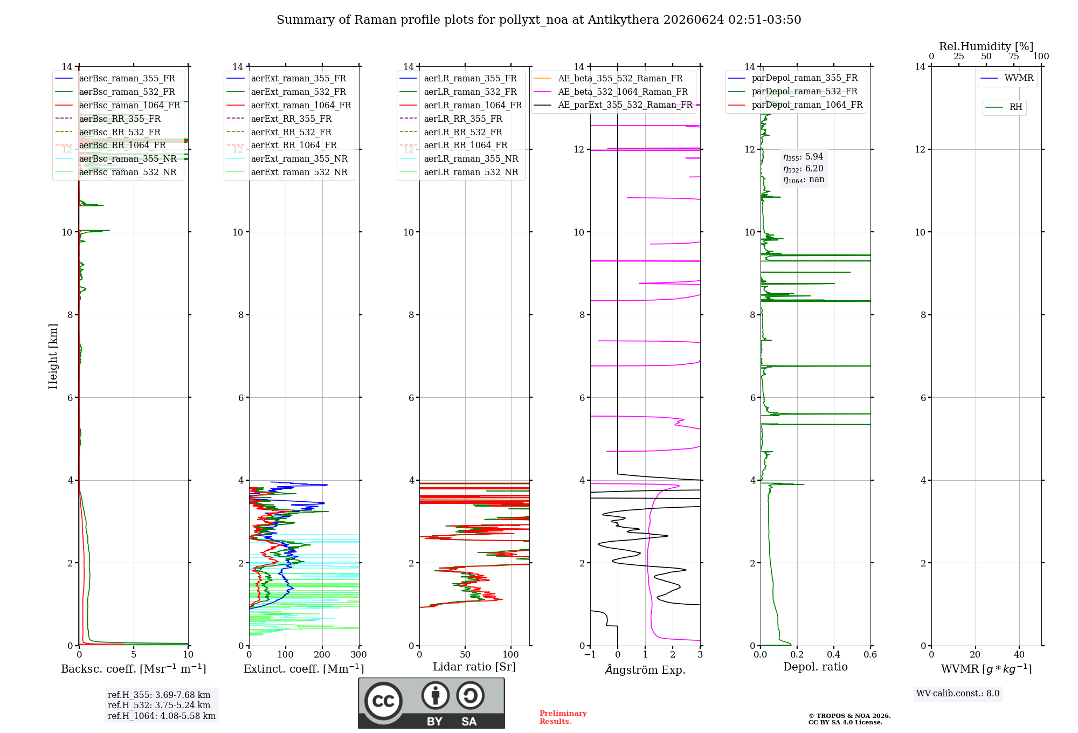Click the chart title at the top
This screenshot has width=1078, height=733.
click(x=538, y=20)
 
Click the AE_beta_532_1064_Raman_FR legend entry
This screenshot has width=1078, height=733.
click(x=611, y=92)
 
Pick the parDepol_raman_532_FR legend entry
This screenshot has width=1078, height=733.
click(x=793, y=92)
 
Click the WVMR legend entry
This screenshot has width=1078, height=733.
click(x=1007, y=78)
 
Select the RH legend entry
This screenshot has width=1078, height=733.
click(x=1004, y=107)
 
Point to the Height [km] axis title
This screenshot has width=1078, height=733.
click(x=53, y=356)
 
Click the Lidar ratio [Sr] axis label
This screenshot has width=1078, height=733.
click(x=474, y=667)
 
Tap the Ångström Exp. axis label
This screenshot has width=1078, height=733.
click(x=645, y=669)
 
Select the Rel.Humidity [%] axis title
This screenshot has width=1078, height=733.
click(x=986, y=46)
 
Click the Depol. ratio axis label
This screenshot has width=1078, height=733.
click(x=816, y=667)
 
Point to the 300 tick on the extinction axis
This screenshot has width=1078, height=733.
click(x=359, y=654)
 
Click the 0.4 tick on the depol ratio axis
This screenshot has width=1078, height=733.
click(x=834, y=654)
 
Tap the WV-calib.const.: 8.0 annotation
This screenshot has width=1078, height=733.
click(x=958, y=694)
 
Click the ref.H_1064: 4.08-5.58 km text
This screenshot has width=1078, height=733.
click(x=162, y=716)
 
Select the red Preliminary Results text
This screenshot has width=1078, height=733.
click(x=563, y=717)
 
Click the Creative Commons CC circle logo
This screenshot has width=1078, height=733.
click(x=383, y=701)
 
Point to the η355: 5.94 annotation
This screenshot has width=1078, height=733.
click(x=803, y=157)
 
